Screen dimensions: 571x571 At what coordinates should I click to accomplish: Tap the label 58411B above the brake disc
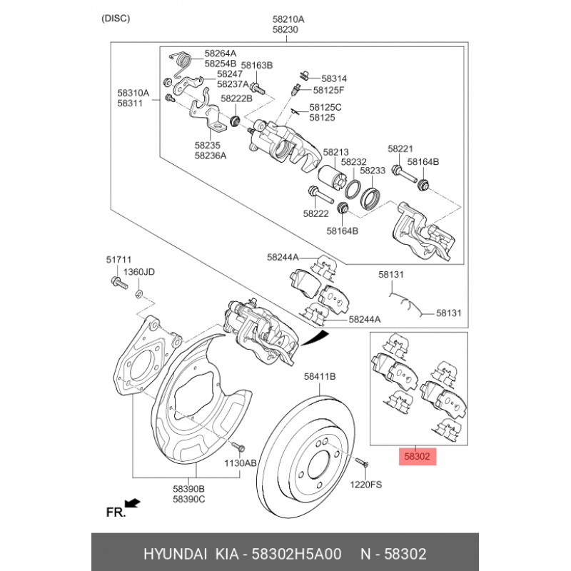320,375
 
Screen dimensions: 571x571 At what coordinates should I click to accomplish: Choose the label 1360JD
139,272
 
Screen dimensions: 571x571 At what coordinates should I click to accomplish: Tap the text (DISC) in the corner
116,19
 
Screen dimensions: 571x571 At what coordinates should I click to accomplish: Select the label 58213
335,152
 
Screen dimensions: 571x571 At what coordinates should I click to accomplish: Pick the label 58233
373,171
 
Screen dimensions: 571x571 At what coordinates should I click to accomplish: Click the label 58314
333,78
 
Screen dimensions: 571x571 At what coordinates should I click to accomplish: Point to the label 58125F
328,90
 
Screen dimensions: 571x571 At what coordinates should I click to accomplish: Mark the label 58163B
257,66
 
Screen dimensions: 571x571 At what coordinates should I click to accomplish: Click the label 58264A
220,53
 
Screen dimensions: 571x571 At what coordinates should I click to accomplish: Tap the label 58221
400,148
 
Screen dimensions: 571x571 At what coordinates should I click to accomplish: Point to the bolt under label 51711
118,284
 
